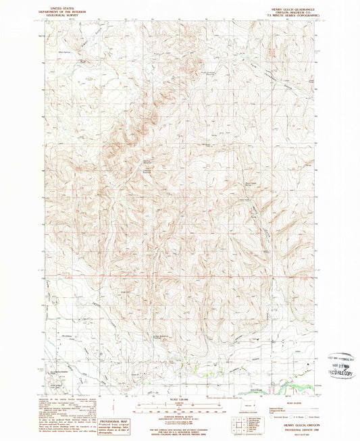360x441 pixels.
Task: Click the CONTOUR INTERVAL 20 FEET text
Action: pos(179,417)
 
